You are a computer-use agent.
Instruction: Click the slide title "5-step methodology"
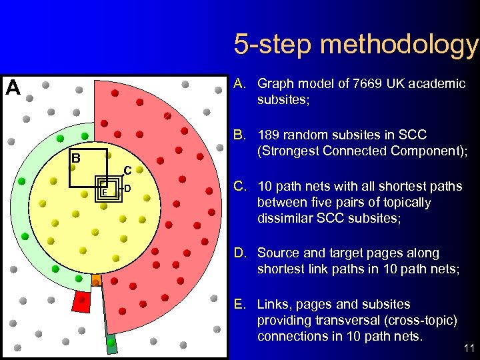tap(356, 45)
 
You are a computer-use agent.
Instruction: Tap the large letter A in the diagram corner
tap(13, 87)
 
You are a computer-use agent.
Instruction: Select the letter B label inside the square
tap(76, 159)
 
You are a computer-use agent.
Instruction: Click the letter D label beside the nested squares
tap(128, 189)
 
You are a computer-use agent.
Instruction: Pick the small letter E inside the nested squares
tap(104, 192)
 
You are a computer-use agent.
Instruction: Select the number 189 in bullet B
tap(269, 134)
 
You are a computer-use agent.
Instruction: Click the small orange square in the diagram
tap(96, 279)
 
